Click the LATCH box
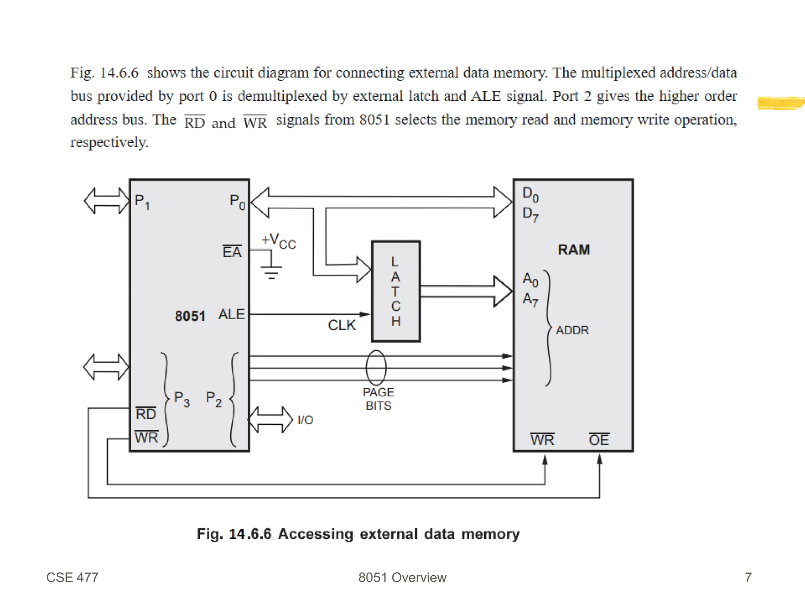point(396,291)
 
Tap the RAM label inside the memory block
point(573,250)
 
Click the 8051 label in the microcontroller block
point(190,316)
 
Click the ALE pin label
point(232,315)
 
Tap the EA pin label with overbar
point(232,252)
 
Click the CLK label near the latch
point(342,325)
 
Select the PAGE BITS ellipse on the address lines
point(376,368)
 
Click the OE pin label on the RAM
point(599,440)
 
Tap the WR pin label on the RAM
point(542,440)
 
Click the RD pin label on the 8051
point(146,414)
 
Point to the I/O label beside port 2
point(305,420)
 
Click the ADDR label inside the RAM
point(572,330)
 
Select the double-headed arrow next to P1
point(107,201)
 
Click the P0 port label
point(237,202)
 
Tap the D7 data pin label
point(530,214)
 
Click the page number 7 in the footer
point(748,577)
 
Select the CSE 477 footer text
point(72,577)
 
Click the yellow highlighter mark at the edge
point(780,103)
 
